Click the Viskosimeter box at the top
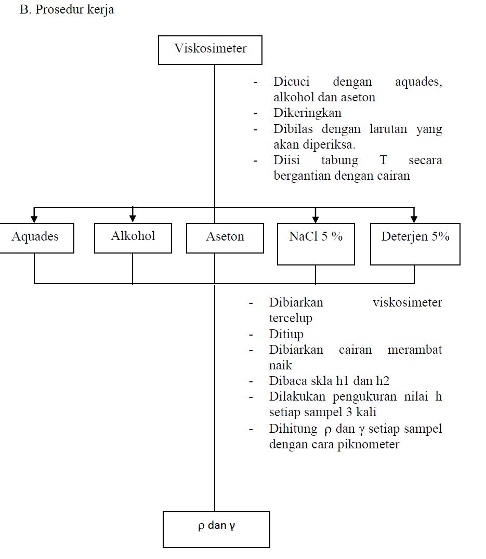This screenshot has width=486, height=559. point(210,49)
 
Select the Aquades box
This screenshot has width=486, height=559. point(36,237)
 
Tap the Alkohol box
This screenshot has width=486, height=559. point(133,237)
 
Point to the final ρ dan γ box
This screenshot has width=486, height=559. point(216,529)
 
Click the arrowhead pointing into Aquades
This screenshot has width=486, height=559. point(34,218)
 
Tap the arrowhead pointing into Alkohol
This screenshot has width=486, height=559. point(133,218)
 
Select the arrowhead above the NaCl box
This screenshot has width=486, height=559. point(316,218)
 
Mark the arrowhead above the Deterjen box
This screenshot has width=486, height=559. point(414,218)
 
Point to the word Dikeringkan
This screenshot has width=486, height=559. point(307,113)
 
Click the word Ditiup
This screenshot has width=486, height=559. point(286,334)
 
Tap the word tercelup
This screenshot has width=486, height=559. point(291,318)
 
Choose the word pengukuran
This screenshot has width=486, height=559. point(363,397)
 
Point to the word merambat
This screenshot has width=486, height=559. point(415,350)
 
